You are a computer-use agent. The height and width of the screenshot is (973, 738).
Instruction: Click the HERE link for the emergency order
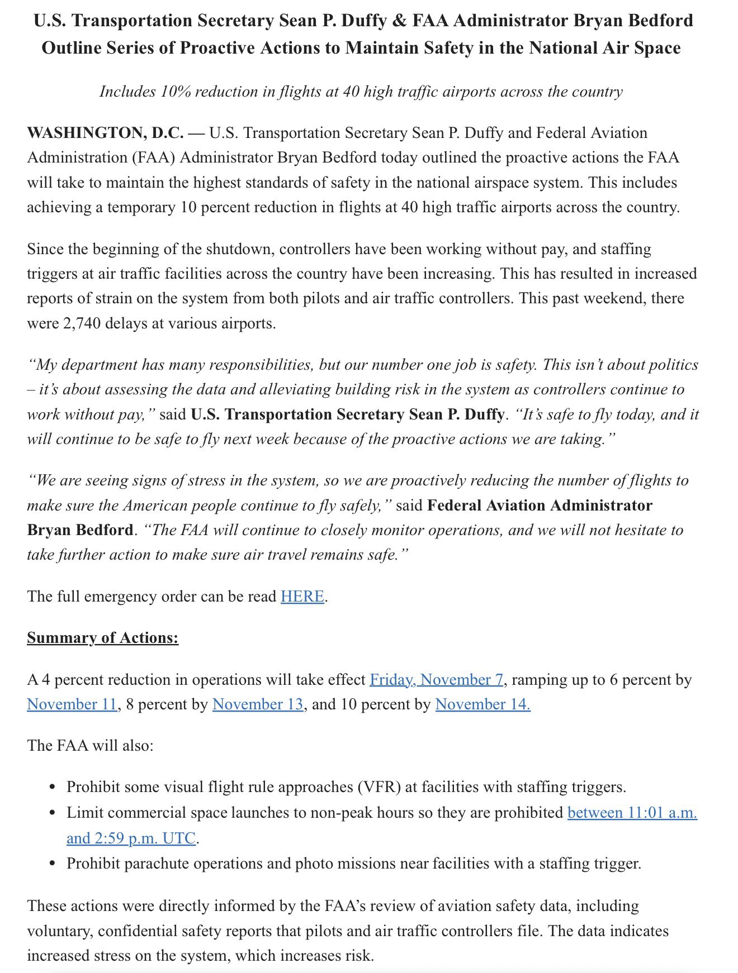pos(302,597)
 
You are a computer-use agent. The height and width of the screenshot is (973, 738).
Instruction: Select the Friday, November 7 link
pos(437,680)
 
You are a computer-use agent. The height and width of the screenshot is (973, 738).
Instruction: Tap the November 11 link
pos(72,704)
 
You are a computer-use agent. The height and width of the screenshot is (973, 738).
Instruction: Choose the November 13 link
pos(258,704)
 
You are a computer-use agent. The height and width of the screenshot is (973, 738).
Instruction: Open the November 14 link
pos(482,704)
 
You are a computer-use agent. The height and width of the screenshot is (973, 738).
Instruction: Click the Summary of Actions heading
pos(103,638)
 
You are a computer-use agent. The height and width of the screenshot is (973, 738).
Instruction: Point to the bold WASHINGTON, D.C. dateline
pos(105,133)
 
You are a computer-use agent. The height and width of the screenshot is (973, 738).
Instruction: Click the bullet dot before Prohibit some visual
pos(53,788)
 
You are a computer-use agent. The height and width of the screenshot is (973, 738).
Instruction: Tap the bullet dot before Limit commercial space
pos(53,813)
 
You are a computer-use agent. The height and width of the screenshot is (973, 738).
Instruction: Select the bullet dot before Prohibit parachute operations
pos(53,864)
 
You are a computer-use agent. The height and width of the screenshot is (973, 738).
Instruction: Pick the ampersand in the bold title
pos(400,21)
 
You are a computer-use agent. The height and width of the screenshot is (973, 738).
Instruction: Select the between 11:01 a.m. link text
pos(632,813)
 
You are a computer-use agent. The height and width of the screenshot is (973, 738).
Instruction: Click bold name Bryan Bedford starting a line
pos(81,530)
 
